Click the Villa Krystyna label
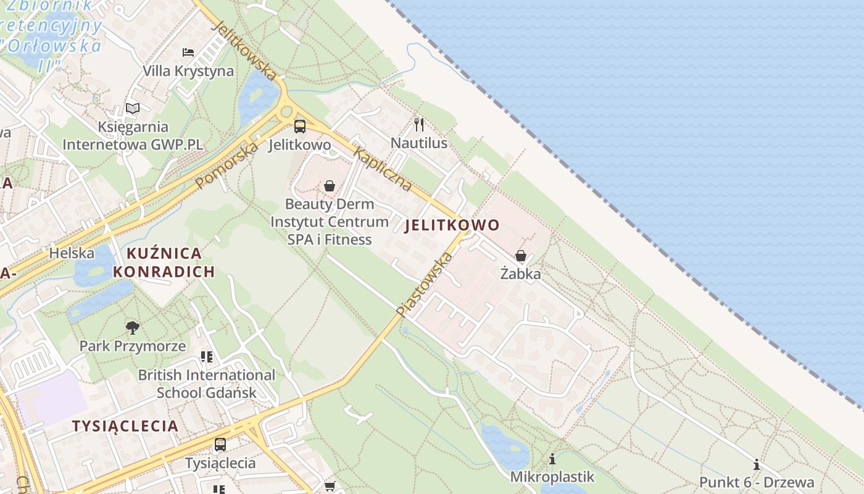click(188, 71)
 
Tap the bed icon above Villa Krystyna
click(188, 52)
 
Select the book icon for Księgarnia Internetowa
click(133, 109)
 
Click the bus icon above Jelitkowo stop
click(300, 127)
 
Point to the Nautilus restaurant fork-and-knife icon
click(419, 125)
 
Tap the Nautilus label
click(419, 144)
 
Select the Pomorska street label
click(226, 165)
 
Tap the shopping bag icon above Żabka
click(521, 256)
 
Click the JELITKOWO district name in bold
click(452, 225)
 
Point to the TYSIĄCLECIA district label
click(125, 425)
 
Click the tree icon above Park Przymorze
click(132, 328)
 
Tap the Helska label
click(72, 253)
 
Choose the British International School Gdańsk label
click(206, 383)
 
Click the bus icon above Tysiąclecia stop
click(220, 444)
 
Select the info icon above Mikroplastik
click(552, 459)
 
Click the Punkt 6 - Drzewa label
click(757, 482)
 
